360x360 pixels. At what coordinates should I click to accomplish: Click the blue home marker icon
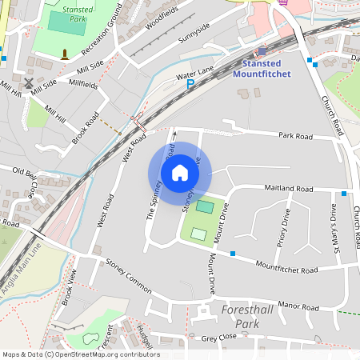(180, 173)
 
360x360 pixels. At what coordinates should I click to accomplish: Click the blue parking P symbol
(190, 84)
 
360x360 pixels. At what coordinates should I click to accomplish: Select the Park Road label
(295, 136)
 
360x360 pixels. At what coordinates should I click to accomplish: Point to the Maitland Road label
(290, 189)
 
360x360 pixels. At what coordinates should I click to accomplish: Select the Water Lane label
(194, 73)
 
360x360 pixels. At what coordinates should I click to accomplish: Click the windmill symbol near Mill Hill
(29, 82)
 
